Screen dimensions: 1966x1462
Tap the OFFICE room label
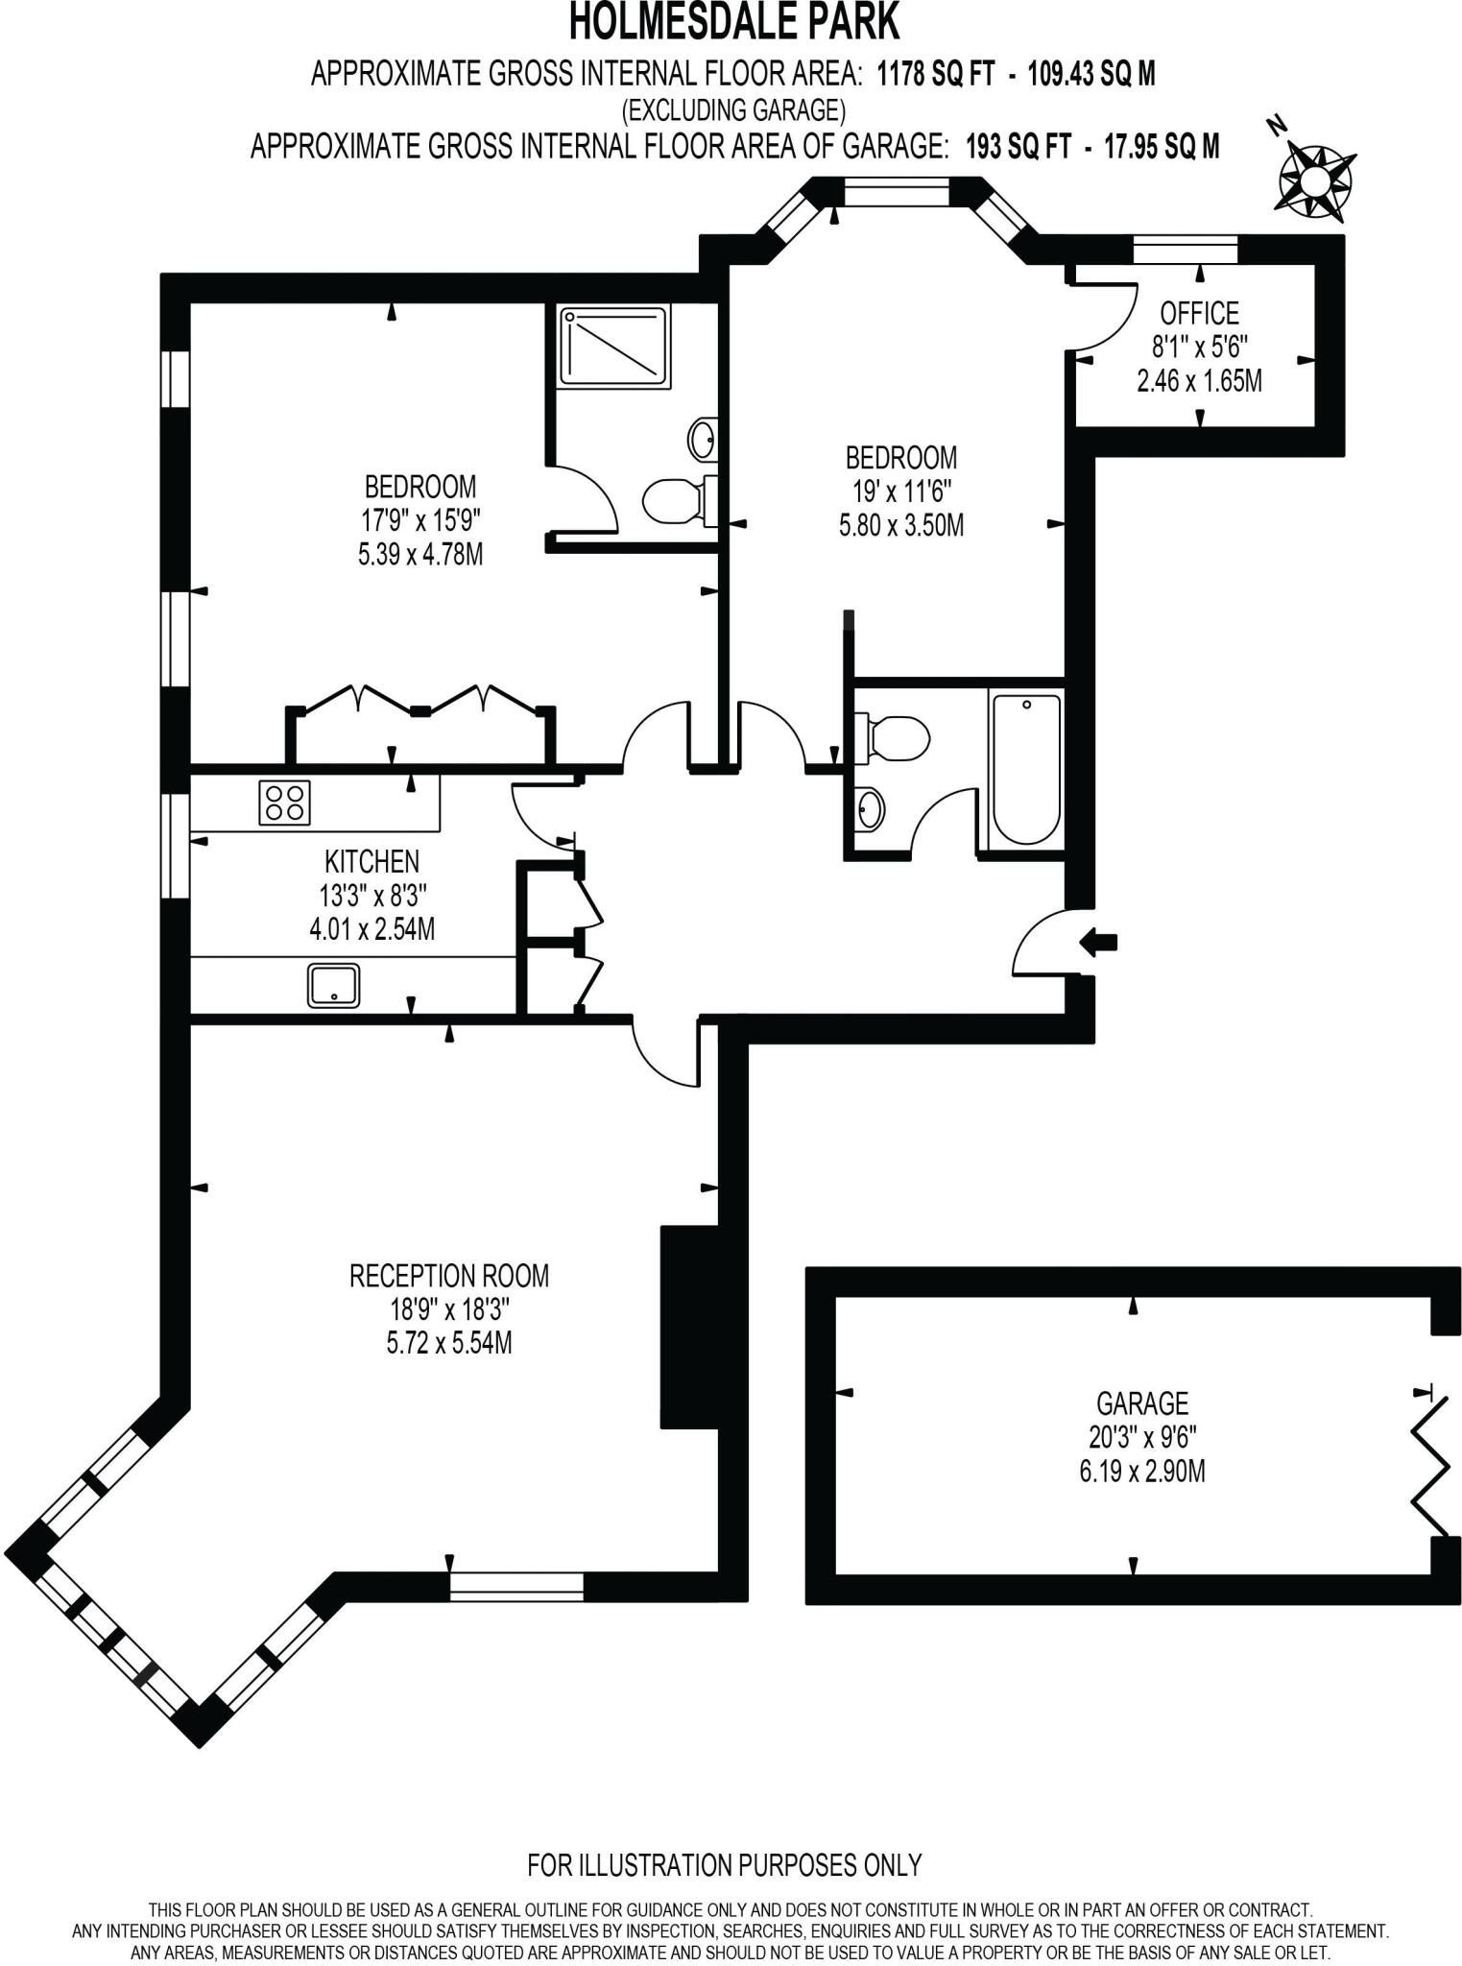[x=1199, y=314]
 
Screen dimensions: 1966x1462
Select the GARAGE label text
[x=1141, y=1403]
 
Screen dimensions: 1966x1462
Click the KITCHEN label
[x=371, y=861]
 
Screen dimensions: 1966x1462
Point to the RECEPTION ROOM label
[x=448, y=1276]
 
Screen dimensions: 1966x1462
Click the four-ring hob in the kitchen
[x=285, y=803]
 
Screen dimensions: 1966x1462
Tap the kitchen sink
[x=333, y=985]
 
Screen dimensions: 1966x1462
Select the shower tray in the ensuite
[x=614, y=346]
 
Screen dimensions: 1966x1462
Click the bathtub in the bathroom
[x=1025, y=768]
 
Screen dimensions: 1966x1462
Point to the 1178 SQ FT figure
[x=935, y=74]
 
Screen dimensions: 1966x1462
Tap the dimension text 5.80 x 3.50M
[x=900, y=525]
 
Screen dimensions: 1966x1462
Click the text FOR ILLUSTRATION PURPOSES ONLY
[x=724, y=1865]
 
